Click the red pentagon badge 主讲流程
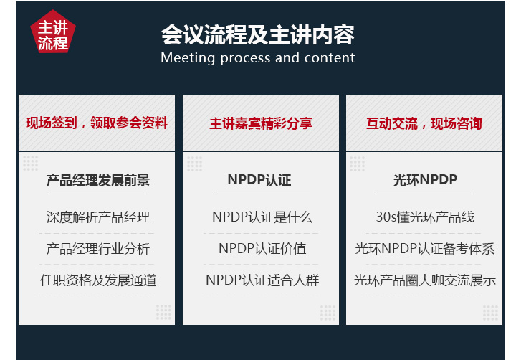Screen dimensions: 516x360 (x=53, y=32)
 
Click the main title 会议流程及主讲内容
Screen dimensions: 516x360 (x=258, y=34)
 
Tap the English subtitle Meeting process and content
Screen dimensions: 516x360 (x=258, y=58)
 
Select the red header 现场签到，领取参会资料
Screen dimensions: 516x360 (x=97, y=123)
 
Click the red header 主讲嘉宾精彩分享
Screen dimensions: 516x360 (x=261, y=123)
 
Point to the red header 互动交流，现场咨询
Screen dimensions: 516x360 (x=424, y=123)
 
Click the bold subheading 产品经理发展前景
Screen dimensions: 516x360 (x=98, y=180)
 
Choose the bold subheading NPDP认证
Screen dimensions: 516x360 (x=259, y=180)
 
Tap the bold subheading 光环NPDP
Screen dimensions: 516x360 (x=425, y=180)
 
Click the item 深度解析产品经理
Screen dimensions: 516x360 (x=98, y=217)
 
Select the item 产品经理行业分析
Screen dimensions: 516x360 (x=98, y=249)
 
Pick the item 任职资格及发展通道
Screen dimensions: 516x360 (x=98, y=280)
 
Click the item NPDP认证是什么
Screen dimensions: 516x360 (x=262, y=217)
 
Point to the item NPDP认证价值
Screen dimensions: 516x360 (x=262, y=248)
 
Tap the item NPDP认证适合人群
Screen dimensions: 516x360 (x=262, y=280)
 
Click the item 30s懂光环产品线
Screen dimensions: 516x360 (x=425, y=217)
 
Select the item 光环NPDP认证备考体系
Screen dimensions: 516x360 (x=425, y=249)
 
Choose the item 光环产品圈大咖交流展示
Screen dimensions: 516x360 (x=425, y=280)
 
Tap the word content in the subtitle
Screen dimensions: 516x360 (x=330, y=58)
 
